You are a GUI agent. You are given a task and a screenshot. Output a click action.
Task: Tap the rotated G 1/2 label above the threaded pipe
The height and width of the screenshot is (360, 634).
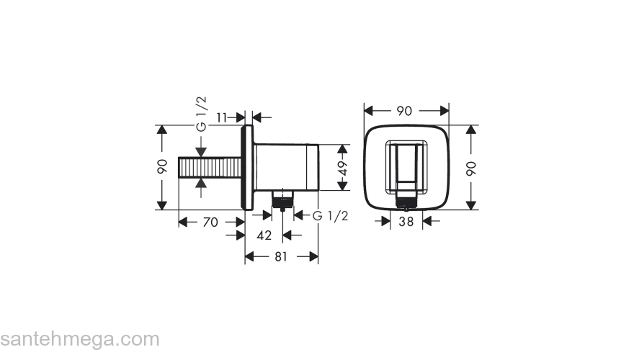click(x=202, y=114)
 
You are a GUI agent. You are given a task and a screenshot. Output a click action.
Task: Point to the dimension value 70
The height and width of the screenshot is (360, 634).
click(x=210, y=222)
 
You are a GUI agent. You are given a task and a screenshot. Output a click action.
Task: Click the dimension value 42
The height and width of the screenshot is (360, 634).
click(x=264, y=235)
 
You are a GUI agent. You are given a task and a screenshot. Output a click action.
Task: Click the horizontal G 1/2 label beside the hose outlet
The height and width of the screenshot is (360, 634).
click(x=330, y=216)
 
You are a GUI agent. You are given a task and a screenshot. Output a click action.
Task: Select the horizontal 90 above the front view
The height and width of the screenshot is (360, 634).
click(x=404, y=111)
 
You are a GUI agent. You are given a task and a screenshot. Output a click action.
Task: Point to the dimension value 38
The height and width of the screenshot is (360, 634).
click(x=406, y=222)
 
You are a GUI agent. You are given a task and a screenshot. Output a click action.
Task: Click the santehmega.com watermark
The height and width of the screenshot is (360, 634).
click(x=79, y=338)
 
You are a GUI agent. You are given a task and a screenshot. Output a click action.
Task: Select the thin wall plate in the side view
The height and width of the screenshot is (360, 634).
click(x=249, y=167)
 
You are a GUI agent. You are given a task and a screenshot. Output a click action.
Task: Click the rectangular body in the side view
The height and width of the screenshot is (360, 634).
click(x=286, y=167)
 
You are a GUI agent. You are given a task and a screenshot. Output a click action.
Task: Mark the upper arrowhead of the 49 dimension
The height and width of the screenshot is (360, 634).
click(x=344, y=149)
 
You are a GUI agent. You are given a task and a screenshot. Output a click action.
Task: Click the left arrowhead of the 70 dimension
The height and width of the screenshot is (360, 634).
click(x=183, y=222)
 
